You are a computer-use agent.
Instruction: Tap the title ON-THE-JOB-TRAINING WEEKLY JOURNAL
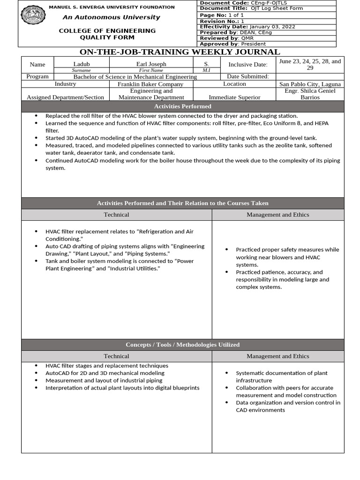[x=180, y=52]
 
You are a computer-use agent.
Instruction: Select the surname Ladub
[x=81, y=64]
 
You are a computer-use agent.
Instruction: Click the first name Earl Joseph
[x=151, y=64]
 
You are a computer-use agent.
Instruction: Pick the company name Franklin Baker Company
[x=150, y=84]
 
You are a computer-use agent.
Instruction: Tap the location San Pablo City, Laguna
[x=310, y=84]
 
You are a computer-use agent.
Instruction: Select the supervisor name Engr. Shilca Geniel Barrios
[x=310, y=94]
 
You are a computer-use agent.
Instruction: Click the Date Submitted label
[x=247, y=76]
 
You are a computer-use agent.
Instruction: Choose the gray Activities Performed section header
[x=182, y=106]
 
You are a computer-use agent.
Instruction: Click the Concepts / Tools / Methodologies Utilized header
[x=182, y=345]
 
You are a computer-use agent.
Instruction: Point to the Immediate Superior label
[x=234, y=97]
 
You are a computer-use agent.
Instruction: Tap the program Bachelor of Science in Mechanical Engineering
[x=135, y=76]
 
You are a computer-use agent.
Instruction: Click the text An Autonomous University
[x=112, y=17]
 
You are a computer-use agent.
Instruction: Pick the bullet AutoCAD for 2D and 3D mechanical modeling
[x=105, y=373]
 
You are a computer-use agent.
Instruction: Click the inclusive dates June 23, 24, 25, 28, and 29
[x=310, y=64]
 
